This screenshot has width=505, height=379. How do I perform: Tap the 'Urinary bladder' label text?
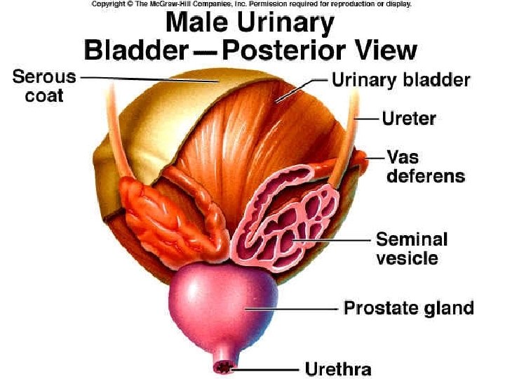click(400, 80)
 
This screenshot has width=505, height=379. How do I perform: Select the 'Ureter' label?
click(409, 118)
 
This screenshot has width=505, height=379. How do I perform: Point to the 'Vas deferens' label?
click(425, 166)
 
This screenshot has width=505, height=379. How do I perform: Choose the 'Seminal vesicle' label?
click(411, 248)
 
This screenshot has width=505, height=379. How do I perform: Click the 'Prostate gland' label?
click(408, 307)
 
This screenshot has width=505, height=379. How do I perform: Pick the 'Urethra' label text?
click(337, 368)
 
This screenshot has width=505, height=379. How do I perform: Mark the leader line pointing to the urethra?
click(267, 368)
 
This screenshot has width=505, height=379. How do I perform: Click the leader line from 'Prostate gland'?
click(295, 307)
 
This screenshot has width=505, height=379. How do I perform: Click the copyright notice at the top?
click(251, 4)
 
